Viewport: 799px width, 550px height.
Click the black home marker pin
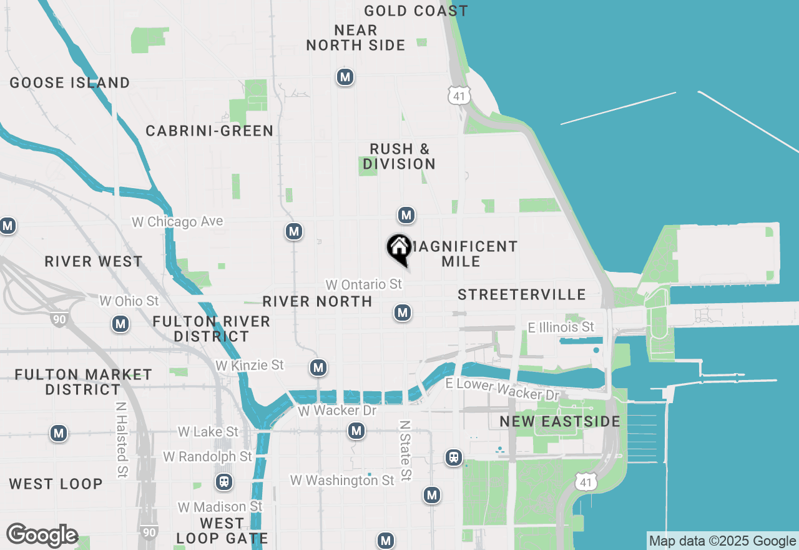coord(399,249)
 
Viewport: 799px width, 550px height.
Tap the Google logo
coord(42,536)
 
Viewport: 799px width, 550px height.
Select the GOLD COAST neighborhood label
coord(416,11)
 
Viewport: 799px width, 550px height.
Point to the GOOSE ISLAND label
coord(70,82)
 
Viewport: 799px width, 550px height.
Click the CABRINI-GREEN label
coord(210,131)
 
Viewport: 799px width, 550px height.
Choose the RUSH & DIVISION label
coord(399,156)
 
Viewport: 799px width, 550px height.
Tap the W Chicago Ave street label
coord(177,222)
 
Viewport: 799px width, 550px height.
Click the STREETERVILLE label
coord(522,294)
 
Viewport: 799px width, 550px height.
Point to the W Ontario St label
coord(364,284)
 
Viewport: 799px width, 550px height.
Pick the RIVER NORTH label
coord(317,301)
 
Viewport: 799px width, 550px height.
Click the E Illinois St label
coord(561,327)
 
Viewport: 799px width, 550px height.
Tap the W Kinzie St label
coord(250,365)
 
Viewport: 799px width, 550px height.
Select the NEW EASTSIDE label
coord(560,421)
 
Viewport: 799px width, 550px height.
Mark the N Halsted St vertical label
coord(122,440)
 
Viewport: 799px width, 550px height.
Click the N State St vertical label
coord(405,450)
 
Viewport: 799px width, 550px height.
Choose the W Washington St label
coord(343,480)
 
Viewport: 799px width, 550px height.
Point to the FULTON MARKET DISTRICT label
coord(84,382)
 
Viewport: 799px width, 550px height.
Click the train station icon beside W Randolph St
coord(223,482)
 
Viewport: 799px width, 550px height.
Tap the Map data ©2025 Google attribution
coord(722,541)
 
